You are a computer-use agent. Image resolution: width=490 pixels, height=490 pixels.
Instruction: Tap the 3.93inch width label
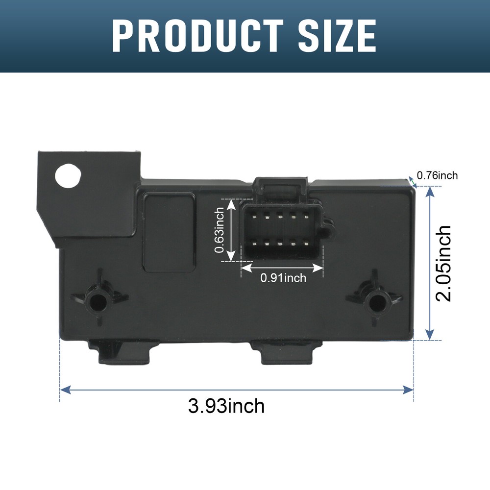pyautogui.click(x=226, y=406)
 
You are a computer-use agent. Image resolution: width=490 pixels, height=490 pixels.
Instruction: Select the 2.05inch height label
pyautogui.click(x=443, y=263)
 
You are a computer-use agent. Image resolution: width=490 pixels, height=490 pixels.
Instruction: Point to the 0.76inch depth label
pyautogui.click(x=437, y=175)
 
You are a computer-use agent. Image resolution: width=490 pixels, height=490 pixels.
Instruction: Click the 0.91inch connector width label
pyautogui.click(x=283, y=278)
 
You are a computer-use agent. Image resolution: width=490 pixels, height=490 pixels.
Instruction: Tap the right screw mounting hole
pyautogui.click(x=376, y=302)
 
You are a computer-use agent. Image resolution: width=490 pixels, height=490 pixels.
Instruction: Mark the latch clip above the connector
pyautogui.click(x=281, y=186)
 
